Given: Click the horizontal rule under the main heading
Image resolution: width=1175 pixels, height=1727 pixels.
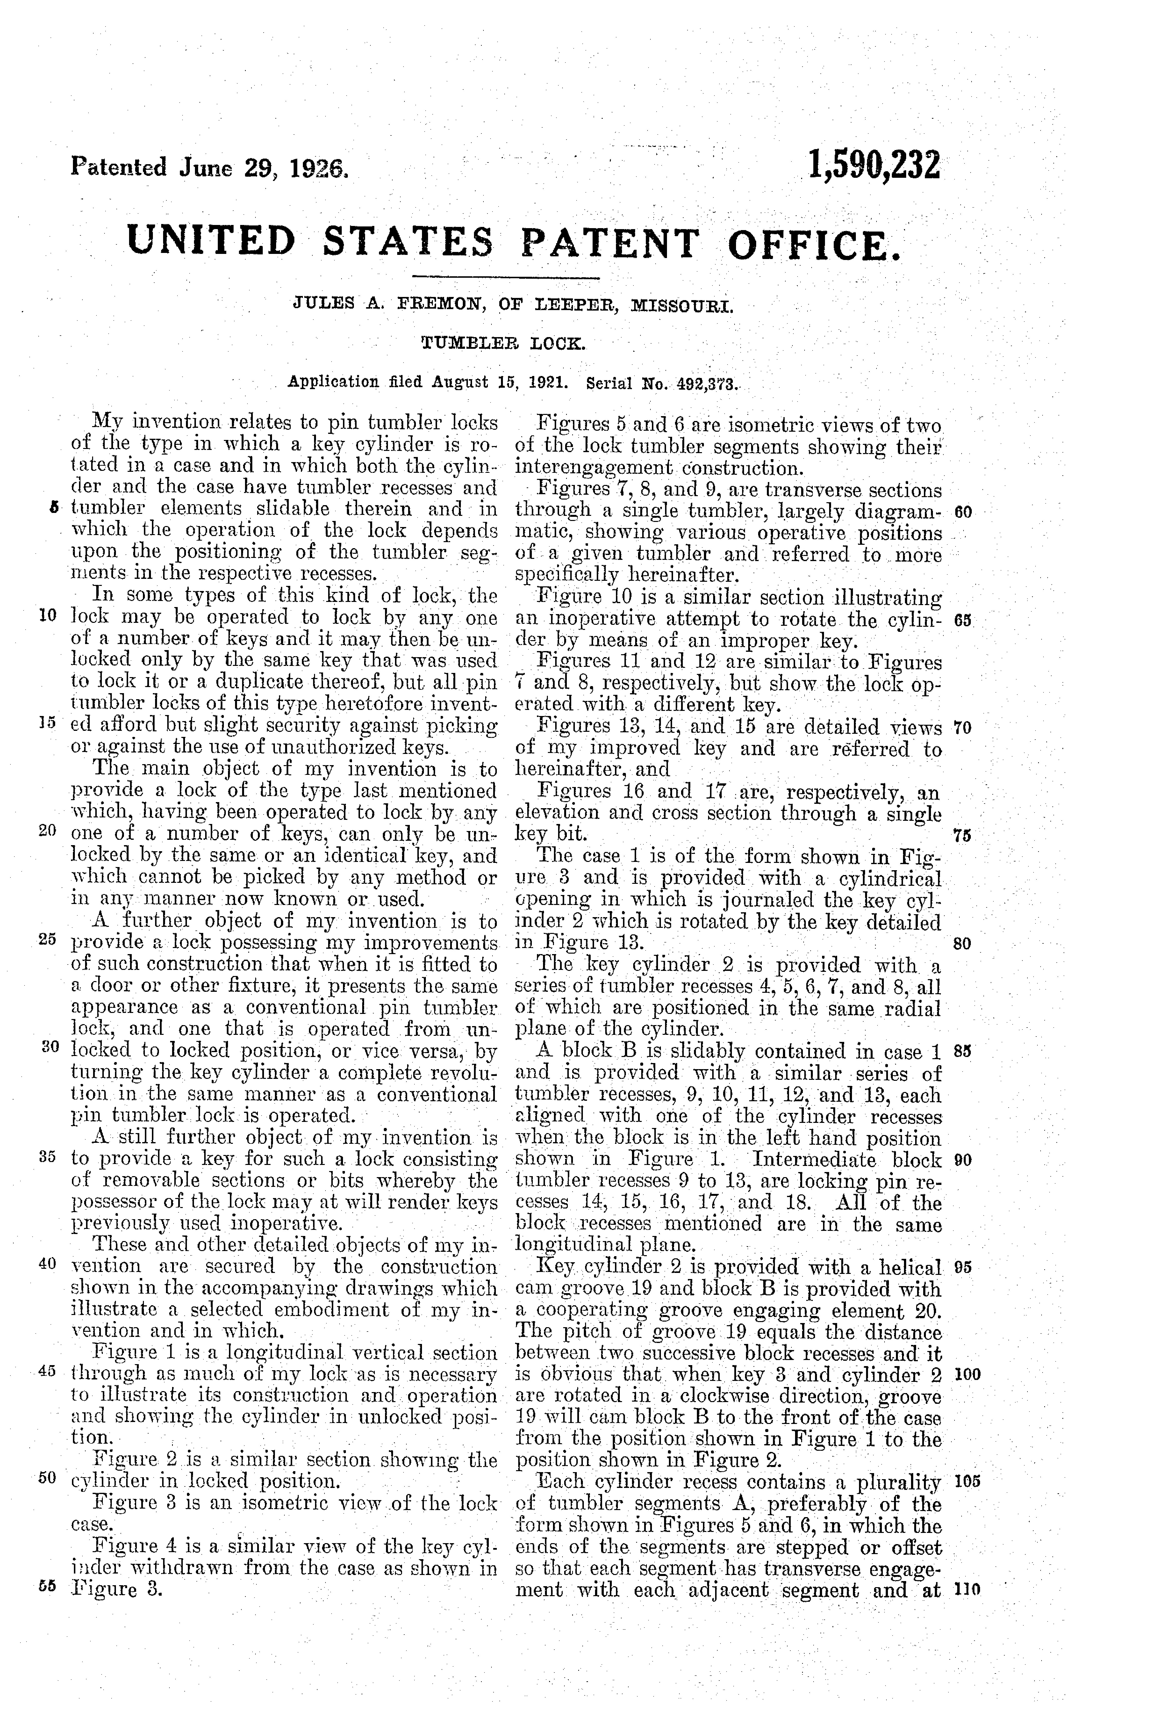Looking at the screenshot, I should pyautogui.click(x=505, y=278).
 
